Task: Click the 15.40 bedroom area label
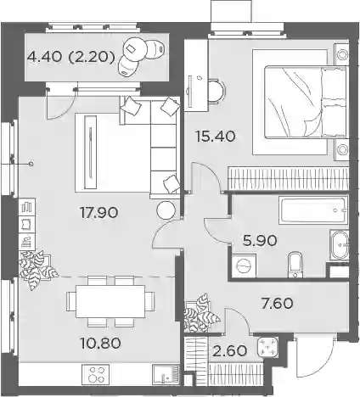point(216,137)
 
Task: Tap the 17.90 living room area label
point(98,212)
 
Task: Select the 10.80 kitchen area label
point(100,343)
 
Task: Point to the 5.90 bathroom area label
point(260,241)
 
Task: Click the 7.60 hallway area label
point(277,304)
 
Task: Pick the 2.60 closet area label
point(229,351)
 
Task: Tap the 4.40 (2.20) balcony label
point(71,58)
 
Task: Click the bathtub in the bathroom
point(313,210)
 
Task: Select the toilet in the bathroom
point(295,265)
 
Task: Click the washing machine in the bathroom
point(244,266)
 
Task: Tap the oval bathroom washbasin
point(339,245)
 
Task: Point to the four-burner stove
point(95,374)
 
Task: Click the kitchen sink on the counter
point(166,374)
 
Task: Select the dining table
point(110,301)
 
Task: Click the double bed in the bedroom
point(305,102)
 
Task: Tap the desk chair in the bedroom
point(217,91)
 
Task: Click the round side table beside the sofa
point(166,210)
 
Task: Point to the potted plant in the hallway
point(200,313)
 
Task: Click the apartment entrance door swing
point(314,357)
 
